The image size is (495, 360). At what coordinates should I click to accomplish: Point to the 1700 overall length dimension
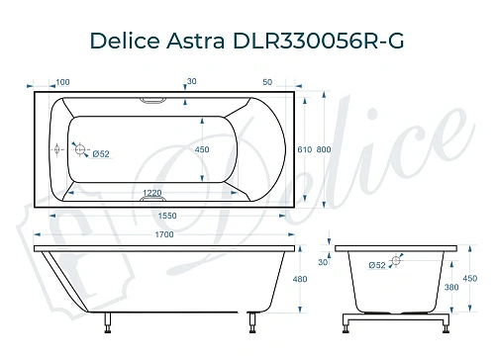pyautogui.click(x=164, y=233)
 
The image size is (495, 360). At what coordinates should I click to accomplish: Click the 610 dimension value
pyautogui.click(x=305, y=148)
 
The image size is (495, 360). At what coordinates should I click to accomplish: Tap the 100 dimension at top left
pyautogui.click(x=62, y=81)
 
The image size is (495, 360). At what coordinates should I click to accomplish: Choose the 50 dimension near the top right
pyautogui.click(x=268, y=81)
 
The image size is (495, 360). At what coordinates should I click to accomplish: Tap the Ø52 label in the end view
pyautogui.click(x=377, y=265)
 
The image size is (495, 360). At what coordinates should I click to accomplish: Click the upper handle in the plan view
pyautogui.click(x=156, y=100)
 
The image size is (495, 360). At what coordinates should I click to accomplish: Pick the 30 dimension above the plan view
pyautogui.click(x=191, y=81)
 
